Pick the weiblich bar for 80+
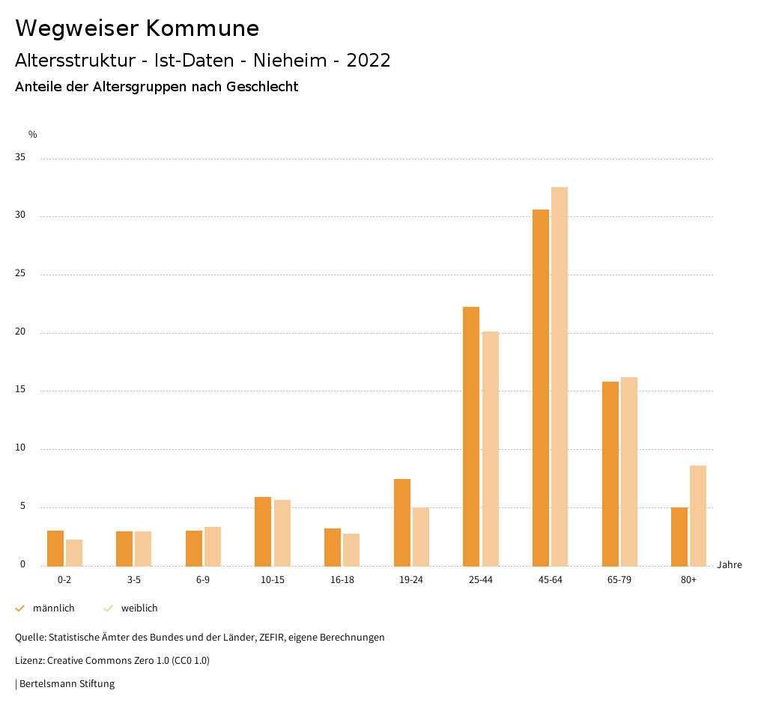(698, 516)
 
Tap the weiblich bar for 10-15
(282, 533)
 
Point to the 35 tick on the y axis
(19, 158)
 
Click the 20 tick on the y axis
(19, 332)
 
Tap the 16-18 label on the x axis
(342, 580)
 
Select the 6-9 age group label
(203, 580)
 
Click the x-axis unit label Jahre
(730, 565)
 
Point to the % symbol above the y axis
(33, 135)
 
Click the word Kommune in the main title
(202, 28)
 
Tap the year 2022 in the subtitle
(369, 61)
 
